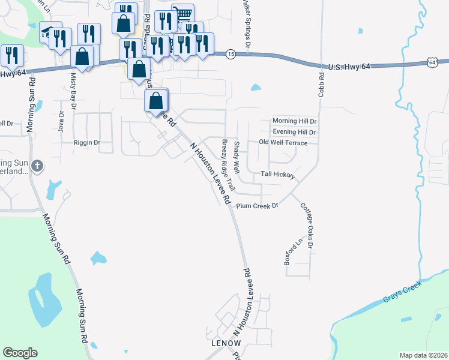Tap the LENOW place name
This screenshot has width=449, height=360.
226,343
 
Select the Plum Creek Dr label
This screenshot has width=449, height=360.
258,206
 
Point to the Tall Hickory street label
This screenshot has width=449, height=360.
277,175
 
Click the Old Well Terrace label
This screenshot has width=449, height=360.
283,142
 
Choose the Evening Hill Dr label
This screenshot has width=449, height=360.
294,131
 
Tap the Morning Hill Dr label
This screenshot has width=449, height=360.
294,121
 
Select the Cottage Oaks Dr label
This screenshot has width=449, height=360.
307,225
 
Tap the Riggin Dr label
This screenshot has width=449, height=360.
86,143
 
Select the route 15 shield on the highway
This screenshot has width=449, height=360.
231,54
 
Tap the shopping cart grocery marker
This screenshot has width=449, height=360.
183,13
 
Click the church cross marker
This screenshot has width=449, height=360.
37,165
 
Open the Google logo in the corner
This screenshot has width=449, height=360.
20,353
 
